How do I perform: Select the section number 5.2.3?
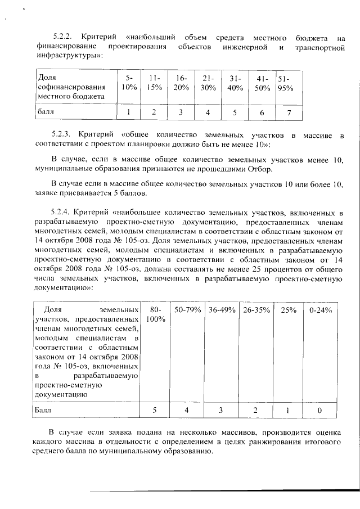(61, 135)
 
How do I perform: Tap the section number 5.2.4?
(61, 212)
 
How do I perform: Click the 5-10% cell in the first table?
(129, 83)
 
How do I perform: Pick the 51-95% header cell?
(286, 83)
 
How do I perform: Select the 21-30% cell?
(208, 83)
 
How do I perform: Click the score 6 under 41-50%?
(262, 112)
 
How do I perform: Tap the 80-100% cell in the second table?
(156, 314)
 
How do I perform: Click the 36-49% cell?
(221, 310)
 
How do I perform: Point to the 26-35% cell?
(256, 310)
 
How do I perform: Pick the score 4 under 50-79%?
(187, 411)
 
